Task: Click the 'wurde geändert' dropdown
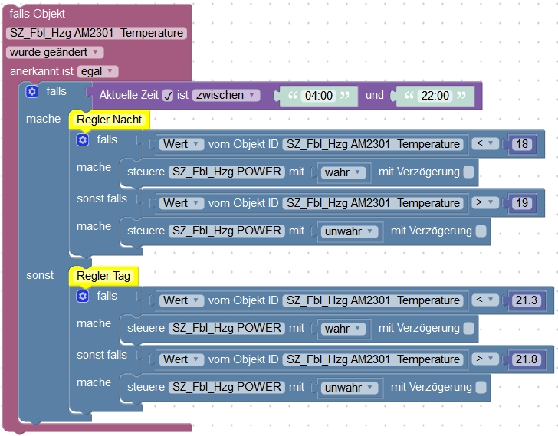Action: pos(54,52)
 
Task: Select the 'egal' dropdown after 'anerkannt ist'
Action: pos(98,71)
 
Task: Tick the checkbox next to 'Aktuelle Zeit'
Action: pos(169,96)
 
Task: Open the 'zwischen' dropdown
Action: pos(225,95)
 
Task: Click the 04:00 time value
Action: pos(318,97)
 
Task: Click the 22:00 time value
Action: pos(434,97)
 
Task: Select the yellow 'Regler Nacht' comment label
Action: pos(110,120)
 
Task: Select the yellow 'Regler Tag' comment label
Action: pos(103,276)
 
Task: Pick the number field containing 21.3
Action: pos(526,300)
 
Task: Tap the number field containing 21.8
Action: pos(526,359)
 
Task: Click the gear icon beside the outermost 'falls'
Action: pos(31,92)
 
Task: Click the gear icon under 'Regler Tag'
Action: pos(83,296)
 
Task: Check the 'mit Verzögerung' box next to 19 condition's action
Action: pos(481,231)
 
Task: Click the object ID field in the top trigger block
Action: pos(97,33)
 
